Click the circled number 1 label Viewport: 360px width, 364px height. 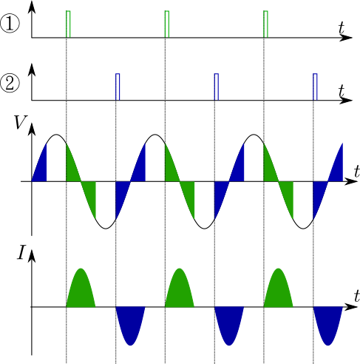pos(10,24)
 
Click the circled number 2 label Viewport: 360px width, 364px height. pos(10,84)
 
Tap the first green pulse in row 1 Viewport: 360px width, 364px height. pos(68,24)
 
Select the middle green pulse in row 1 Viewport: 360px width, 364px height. pos(167,24)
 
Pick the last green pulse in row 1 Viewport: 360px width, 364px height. pos(265,24)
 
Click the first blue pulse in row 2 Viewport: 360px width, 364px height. pos(118,87)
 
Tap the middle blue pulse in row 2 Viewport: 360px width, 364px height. pos(217,87)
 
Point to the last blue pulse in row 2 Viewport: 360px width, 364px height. pos(315,87)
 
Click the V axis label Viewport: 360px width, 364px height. pos(21,122)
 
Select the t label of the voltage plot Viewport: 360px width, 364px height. pos(357,171)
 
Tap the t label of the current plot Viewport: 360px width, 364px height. pos(357,296)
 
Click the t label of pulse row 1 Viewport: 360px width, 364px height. pos(342,27)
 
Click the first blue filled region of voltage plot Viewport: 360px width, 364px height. pos(41,168)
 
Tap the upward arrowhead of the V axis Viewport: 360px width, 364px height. pos(32,129)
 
